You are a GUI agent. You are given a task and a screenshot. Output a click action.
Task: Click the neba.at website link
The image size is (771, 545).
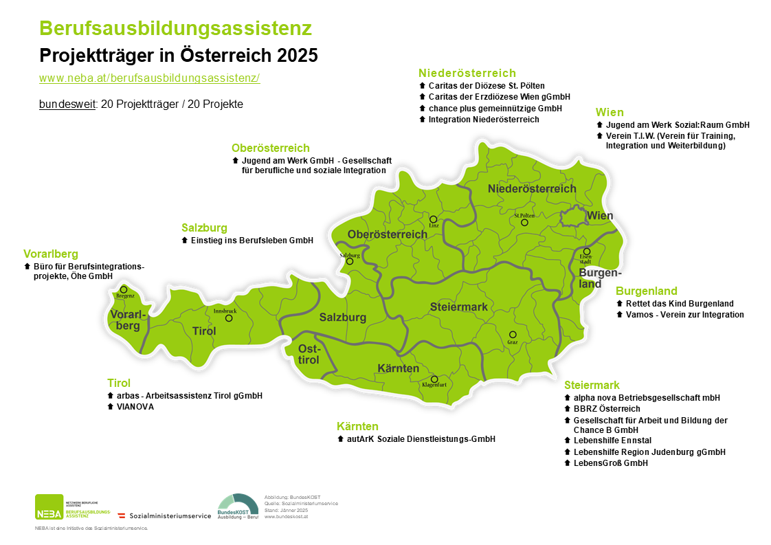tap(149, 78)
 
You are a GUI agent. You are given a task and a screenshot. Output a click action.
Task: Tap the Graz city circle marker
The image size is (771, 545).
tap(513, 335)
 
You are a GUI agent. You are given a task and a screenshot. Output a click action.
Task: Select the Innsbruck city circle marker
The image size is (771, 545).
tap(229, 318)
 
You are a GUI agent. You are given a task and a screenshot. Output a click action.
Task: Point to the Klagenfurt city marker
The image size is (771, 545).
tap(434, 379)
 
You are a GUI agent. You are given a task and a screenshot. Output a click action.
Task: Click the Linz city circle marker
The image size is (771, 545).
tap(433, 219)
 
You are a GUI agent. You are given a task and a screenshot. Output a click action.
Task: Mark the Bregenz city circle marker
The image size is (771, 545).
tap(124, 289)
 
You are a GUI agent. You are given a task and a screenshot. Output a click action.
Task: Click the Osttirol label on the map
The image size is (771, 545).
tap(309, 355)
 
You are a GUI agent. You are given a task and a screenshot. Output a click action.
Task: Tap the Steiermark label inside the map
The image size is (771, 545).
tap(458, 307)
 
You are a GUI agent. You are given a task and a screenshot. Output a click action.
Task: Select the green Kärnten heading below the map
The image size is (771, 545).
tap(357, 426)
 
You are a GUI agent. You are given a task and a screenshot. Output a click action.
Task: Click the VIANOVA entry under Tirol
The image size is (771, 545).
tap(135, 407)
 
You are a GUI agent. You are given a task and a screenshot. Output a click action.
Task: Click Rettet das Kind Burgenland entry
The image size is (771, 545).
tap(679, 303)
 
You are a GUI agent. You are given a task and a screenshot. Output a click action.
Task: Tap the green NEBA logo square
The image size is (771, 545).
tap(49, 508)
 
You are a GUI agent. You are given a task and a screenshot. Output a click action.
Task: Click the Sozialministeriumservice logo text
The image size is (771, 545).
tap(170, 515)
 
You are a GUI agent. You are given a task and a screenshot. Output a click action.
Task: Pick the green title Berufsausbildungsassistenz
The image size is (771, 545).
tap(176, 28)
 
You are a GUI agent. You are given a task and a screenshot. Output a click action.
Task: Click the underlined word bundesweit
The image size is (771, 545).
tap(67, 104)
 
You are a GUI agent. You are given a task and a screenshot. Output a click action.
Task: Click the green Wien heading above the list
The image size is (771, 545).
tap(610, 112)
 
